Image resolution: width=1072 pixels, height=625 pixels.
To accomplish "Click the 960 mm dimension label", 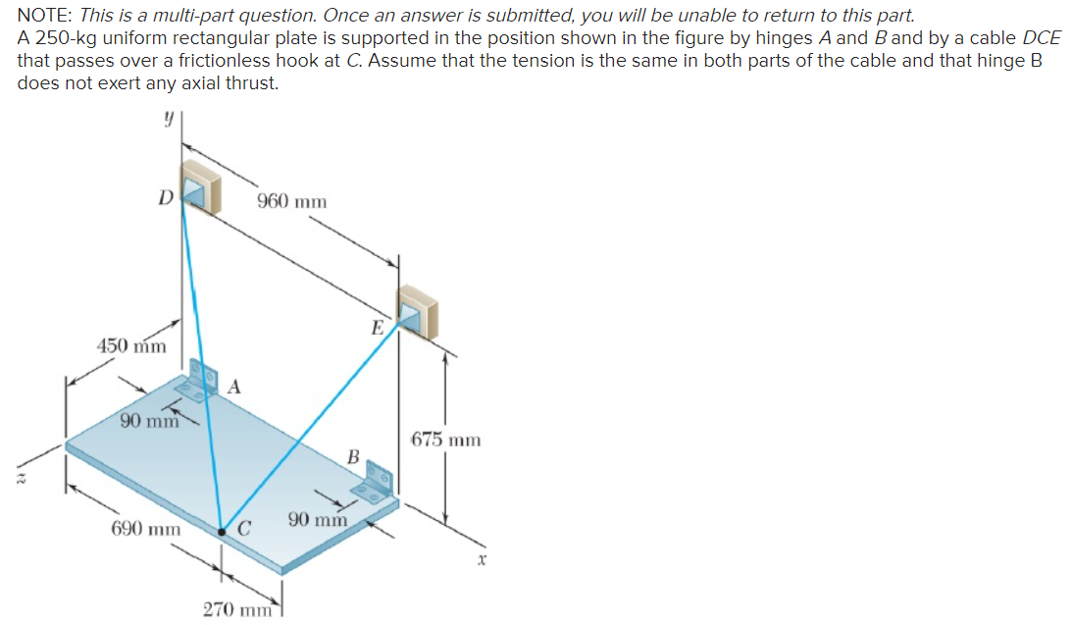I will coord(291,201).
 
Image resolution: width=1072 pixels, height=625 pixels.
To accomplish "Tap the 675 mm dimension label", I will coord(445,440).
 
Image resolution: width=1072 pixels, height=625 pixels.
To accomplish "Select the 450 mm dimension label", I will coord(131,345).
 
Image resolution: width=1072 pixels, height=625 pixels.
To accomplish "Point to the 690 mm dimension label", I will coord(145,529).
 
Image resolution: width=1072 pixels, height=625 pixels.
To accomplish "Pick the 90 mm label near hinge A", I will coord(149,422).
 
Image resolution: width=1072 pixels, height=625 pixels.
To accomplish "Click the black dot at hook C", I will coord(222,532).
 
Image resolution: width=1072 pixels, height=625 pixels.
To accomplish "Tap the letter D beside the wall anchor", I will coord(166,196).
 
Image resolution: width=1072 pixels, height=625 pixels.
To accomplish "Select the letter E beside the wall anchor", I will coord(377,328).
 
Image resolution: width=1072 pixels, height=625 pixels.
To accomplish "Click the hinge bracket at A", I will coord(202,381).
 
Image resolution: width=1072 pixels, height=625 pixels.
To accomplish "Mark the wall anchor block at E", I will coord(418,311).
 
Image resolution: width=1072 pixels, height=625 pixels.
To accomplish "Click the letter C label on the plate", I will coord(245,531).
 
